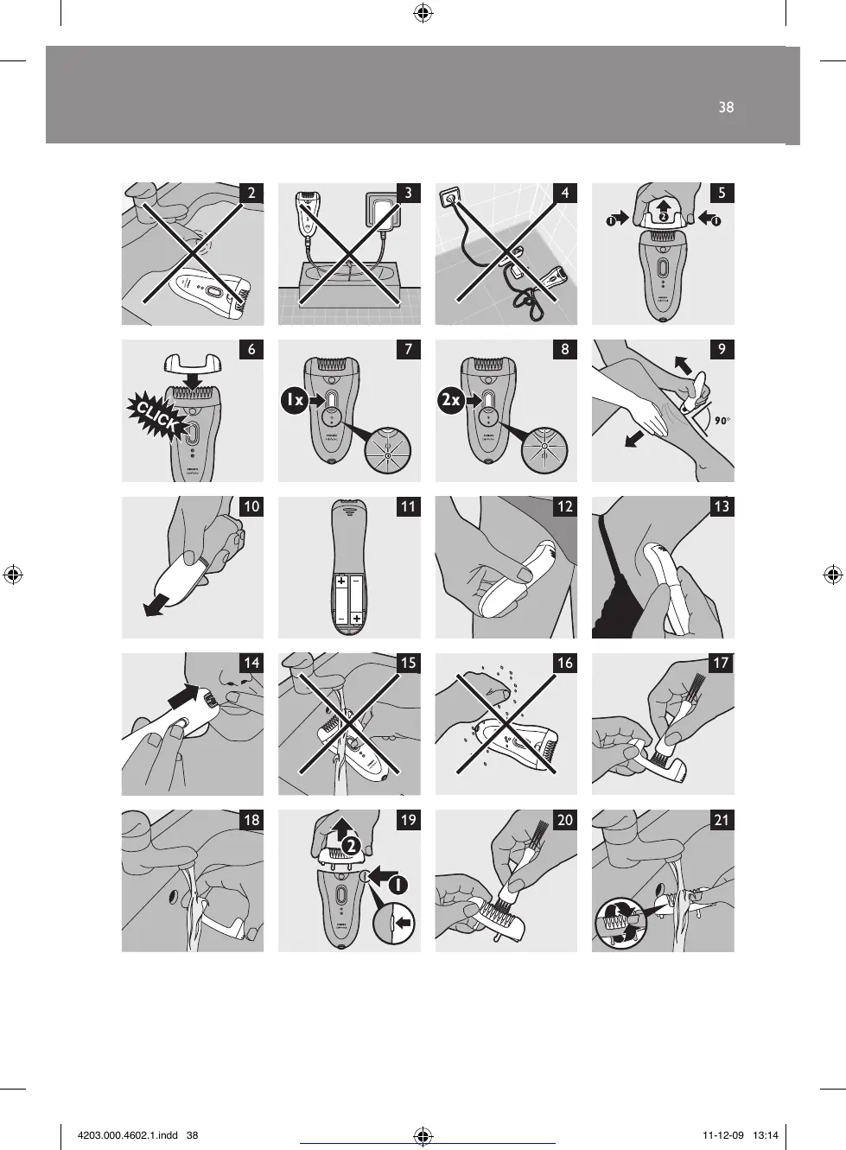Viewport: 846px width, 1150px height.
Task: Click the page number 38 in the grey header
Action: [726, 107]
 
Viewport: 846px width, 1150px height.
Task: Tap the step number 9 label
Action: [722, 349]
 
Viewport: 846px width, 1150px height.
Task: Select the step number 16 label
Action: [565, 663]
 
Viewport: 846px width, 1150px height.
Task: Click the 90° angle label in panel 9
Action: [717, 421]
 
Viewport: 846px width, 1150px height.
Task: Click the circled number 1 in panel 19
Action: [398, 884]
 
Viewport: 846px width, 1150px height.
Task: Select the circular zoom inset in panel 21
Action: [620, 924]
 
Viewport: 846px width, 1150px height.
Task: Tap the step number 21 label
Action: [722, 820]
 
